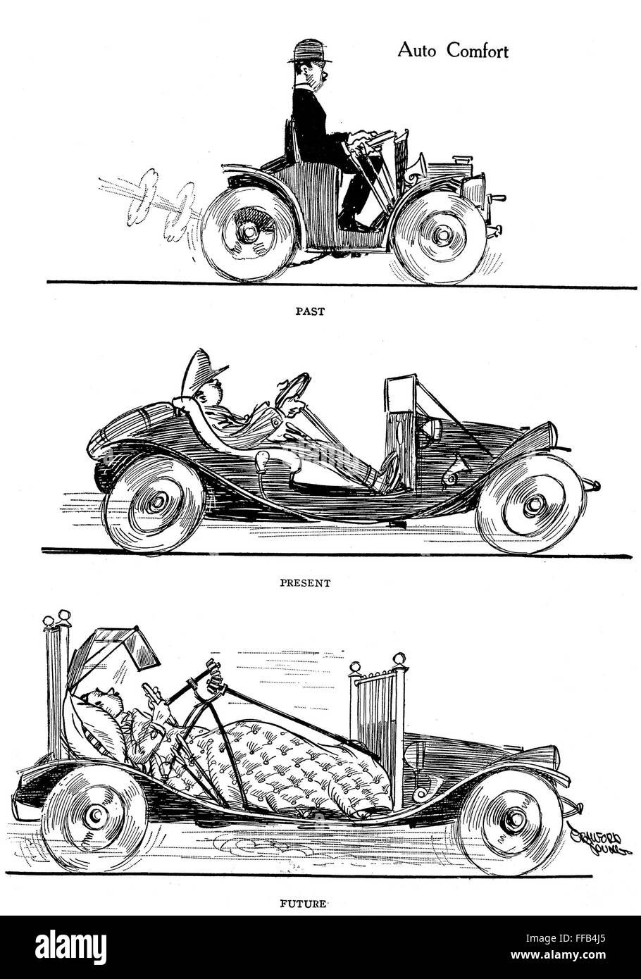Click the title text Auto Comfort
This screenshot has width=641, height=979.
(453, 51)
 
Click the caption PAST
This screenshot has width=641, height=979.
(310, 311)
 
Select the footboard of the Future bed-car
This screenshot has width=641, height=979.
(377, 711)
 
